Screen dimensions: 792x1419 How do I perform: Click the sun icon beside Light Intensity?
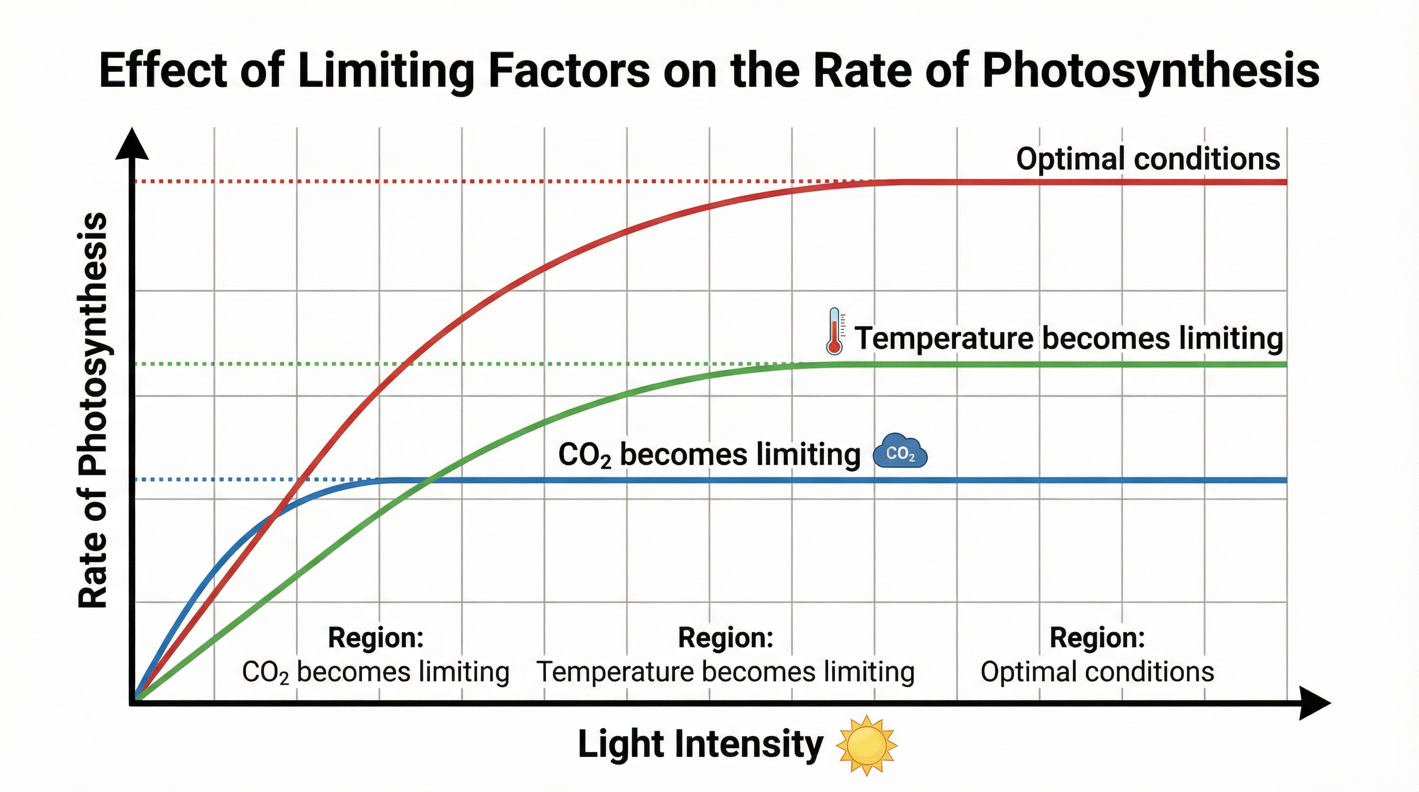[866, 745]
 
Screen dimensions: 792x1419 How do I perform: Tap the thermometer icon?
[835, 331]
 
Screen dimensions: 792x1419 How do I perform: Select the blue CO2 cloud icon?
[900, 452]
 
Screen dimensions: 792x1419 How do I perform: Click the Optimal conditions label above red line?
[1147, 159]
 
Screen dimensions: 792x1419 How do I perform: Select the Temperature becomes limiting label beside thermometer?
[1069, 338]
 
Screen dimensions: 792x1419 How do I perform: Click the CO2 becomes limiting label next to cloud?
[709, 455]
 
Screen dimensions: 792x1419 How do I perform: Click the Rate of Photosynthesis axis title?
[92, 410]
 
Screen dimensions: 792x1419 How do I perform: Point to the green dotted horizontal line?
[441, 364]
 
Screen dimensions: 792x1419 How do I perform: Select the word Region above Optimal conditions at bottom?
[1097, 638]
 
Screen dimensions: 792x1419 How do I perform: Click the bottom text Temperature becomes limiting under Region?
[725, 672]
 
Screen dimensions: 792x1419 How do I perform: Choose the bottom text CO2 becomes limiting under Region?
[375, 672]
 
